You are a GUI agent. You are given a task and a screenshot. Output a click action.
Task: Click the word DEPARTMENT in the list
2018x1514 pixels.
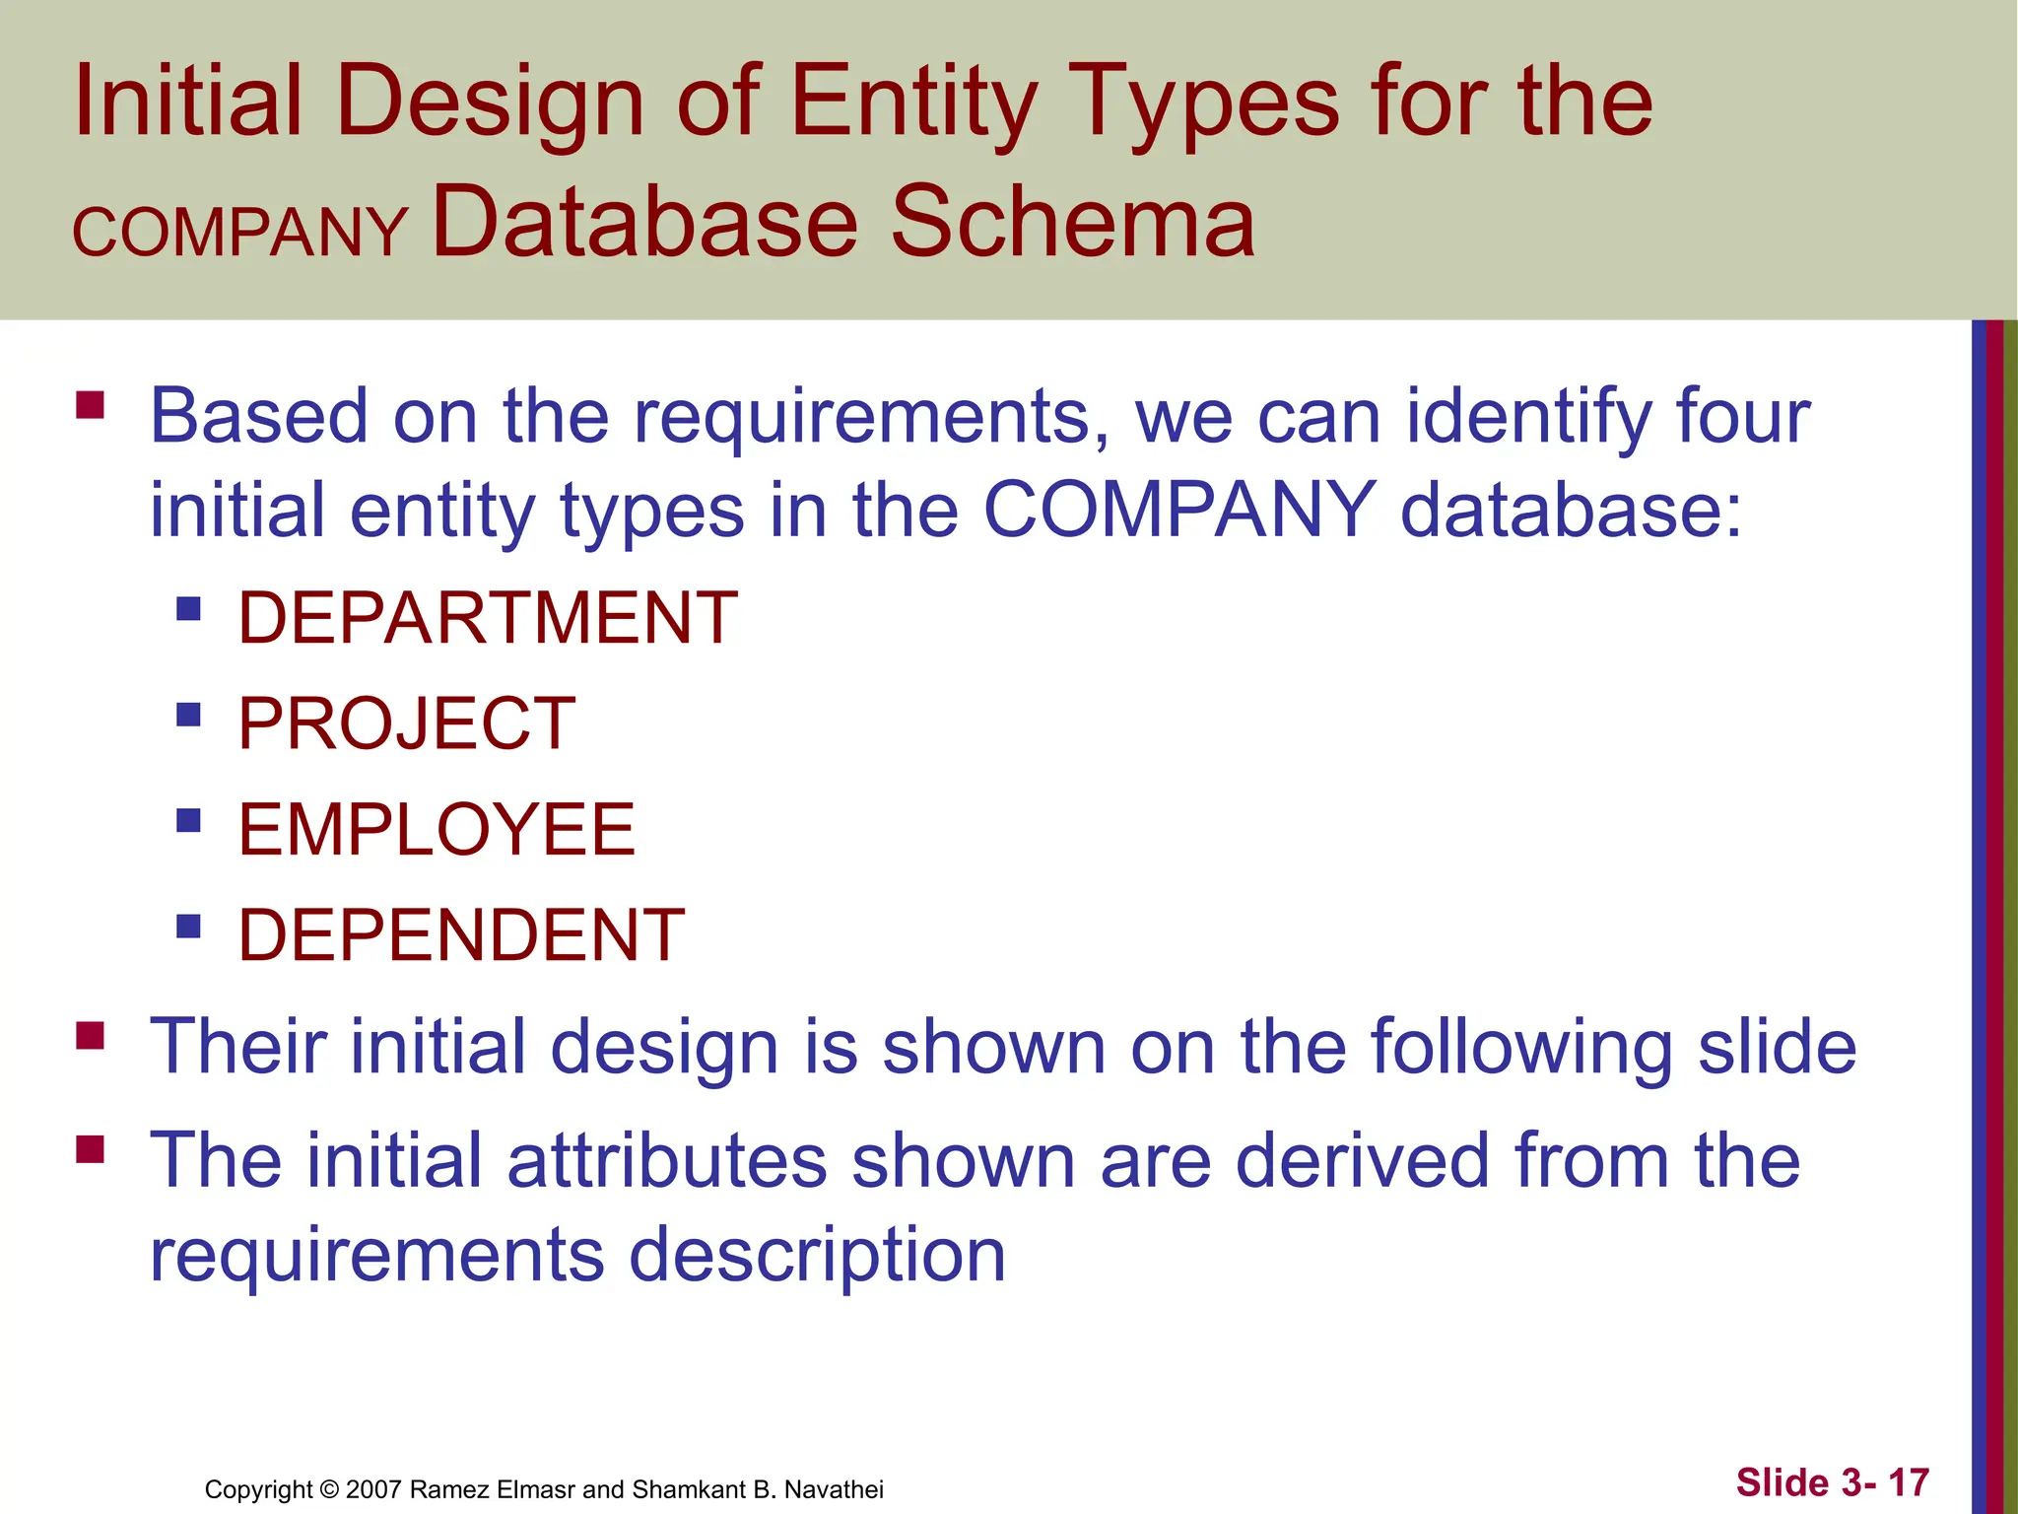[x=488, y=618]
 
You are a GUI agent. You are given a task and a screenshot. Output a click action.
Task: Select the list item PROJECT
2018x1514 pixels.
[x=406, y=723]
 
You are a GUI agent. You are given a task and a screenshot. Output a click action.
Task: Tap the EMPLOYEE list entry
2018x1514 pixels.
[x=437, y=829]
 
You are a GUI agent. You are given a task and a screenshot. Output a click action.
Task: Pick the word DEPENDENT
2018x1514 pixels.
[x=461, y=934]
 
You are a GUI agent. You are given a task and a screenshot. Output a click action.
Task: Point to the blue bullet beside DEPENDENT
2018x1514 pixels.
[x=188, y=926]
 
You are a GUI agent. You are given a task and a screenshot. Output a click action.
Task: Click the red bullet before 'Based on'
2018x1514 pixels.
[x=90, y=405]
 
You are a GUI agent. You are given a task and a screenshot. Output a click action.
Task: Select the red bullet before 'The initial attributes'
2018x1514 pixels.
[x=90, y=1149]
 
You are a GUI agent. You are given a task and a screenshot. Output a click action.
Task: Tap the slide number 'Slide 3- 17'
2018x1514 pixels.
[x=1832, y=1482]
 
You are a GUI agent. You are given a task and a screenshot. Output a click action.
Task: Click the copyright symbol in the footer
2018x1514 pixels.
[x=329, y=1489]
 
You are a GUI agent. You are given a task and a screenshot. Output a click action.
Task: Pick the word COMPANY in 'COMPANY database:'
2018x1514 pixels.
[x=1179, y=510]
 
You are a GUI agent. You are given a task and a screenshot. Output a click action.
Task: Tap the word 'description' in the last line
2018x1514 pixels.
[x=817, y=1255]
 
